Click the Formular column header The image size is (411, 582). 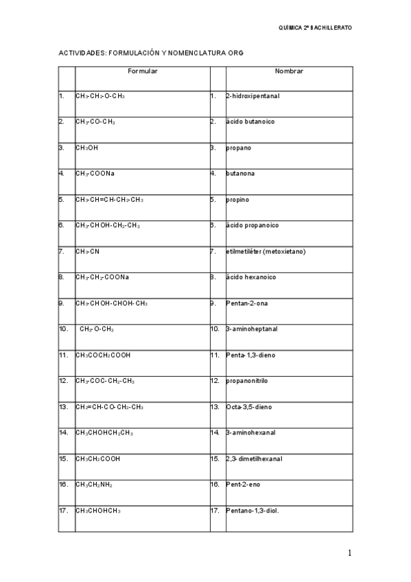143,71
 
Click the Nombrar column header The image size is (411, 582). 289,71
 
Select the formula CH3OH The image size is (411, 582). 87,148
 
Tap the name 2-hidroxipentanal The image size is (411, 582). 253,96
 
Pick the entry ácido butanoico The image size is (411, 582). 250,121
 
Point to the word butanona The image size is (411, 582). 240,174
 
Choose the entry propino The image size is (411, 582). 237,200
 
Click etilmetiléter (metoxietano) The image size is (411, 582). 266,251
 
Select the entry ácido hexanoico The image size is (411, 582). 250,277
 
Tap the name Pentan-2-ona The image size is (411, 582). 248,303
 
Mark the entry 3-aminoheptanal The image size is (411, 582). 252,329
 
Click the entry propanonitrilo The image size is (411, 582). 251,381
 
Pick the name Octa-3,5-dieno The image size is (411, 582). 248,407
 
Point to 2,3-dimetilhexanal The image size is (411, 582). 254,458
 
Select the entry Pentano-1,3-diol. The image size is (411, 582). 253,511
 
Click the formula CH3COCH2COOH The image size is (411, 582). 103,356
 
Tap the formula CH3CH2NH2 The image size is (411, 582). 95,485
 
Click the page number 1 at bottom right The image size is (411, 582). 349,553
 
